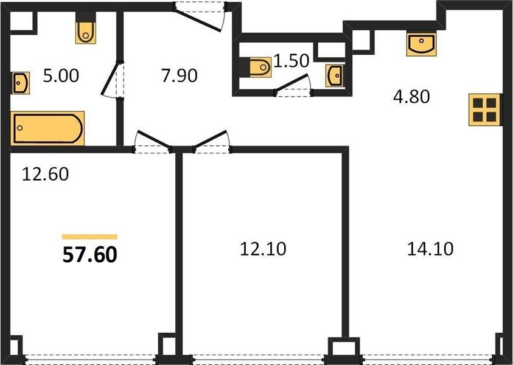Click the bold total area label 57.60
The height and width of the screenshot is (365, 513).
pos(89,255)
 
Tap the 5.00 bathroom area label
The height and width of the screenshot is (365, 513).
pos(61,75)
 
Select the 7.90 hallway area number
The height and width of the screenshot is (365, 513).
pos(179,75)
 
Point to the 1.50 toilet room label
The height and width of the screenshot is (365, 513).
pos(291,60)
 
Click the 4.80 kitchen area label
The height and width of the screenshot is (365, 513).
pos(411,97)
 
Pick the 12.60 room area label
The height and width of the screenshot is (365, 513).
pos(45,174)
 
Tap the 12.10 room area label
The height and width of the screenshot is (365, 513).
pos(263,249)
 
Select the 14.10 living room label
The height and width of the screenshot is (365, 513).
pos(430,249)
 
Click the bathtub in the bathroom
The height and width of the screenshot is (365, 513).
pos(47,128)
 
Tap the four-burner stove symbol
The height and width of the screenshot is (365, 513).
pos(484,109)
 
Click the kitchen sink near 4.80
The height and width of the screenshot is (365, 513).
pos(421,44)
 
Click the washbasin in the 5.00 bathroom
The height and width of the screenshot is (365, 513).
pos(20,83)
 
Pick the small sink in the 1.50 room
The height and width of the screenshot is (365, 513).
pos(335,75)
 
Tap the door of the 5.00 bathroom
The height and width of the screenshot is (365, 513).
pos(110,79)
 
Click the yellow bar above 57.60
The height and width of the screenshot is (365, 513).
pos(89,237)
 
